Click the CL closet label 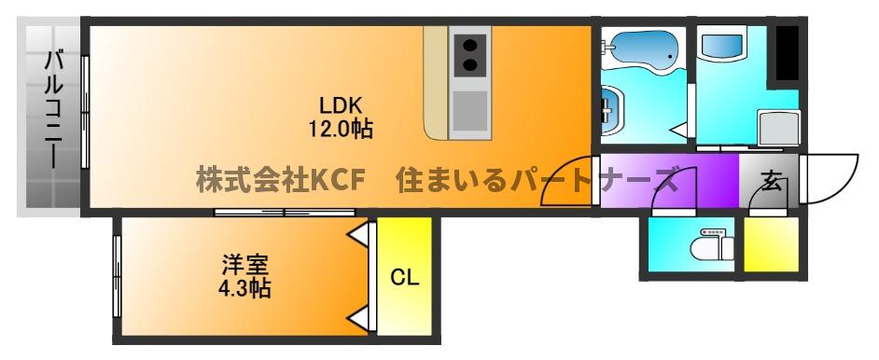404,278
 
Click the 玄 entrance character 772,180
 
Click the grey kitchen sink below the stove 472,109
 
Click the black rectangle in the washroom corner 787,53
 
